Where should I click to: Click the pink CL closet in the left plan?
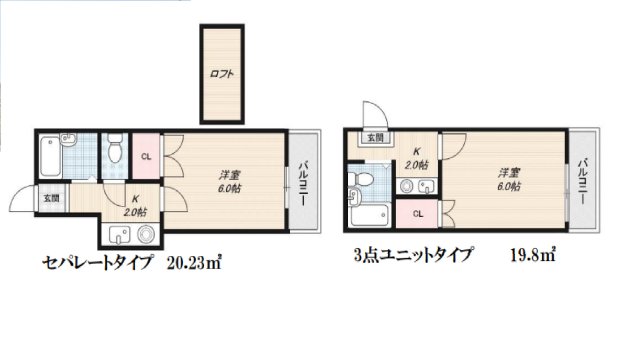(146, 157)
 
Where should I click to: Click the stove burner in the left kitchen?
(147, 235)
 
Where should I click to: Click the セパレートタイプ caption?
(97, 264)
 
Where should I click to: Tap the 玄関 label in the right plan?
(374, 138)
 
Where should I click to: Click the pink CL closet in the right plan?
(417, 213)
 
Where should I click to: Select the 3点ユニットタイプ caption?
(412, 254)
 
